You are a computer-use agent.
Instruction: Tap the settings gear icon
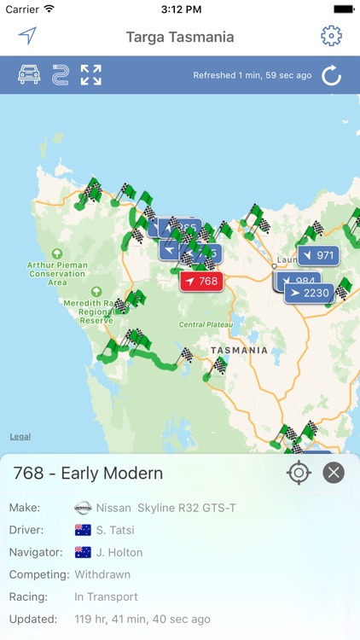click(331, 36)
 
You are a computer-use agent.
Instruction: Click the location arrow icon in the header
click(28, 36)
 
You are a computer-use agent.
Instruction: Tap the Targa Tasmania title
click(180, 37)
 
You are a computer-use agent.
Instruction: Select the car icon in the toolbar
click(30, 75)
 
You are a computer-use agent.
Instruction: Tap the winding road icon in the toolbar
click(60, 75)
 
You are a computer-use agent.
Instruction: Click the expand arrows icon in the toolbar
click(91, 75)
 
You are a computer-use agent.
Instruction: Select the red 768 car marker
click(201, 281)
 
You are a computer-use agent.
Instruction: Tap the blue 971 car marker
click(317, 255)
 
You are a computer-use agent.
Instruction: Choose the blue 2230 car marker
click(308, 294)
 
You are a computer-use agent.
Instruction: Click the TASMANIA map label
click(239, 350)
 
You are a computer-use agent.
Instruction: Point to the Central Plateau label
click(204, 325)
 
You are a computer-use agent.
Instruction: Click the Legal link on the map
click(20, 436)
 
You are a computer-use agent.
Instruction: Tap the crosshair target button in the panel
click(299, 473)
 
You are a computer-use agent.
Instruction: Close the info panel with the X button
click(334, 473)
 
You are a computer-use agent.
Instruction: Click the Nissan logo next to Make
click(83, 508)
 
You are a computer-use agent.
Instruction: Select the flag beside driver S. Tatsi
click(83, 530)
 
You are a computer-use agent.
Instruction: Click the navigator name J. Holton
click(119, 552)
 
